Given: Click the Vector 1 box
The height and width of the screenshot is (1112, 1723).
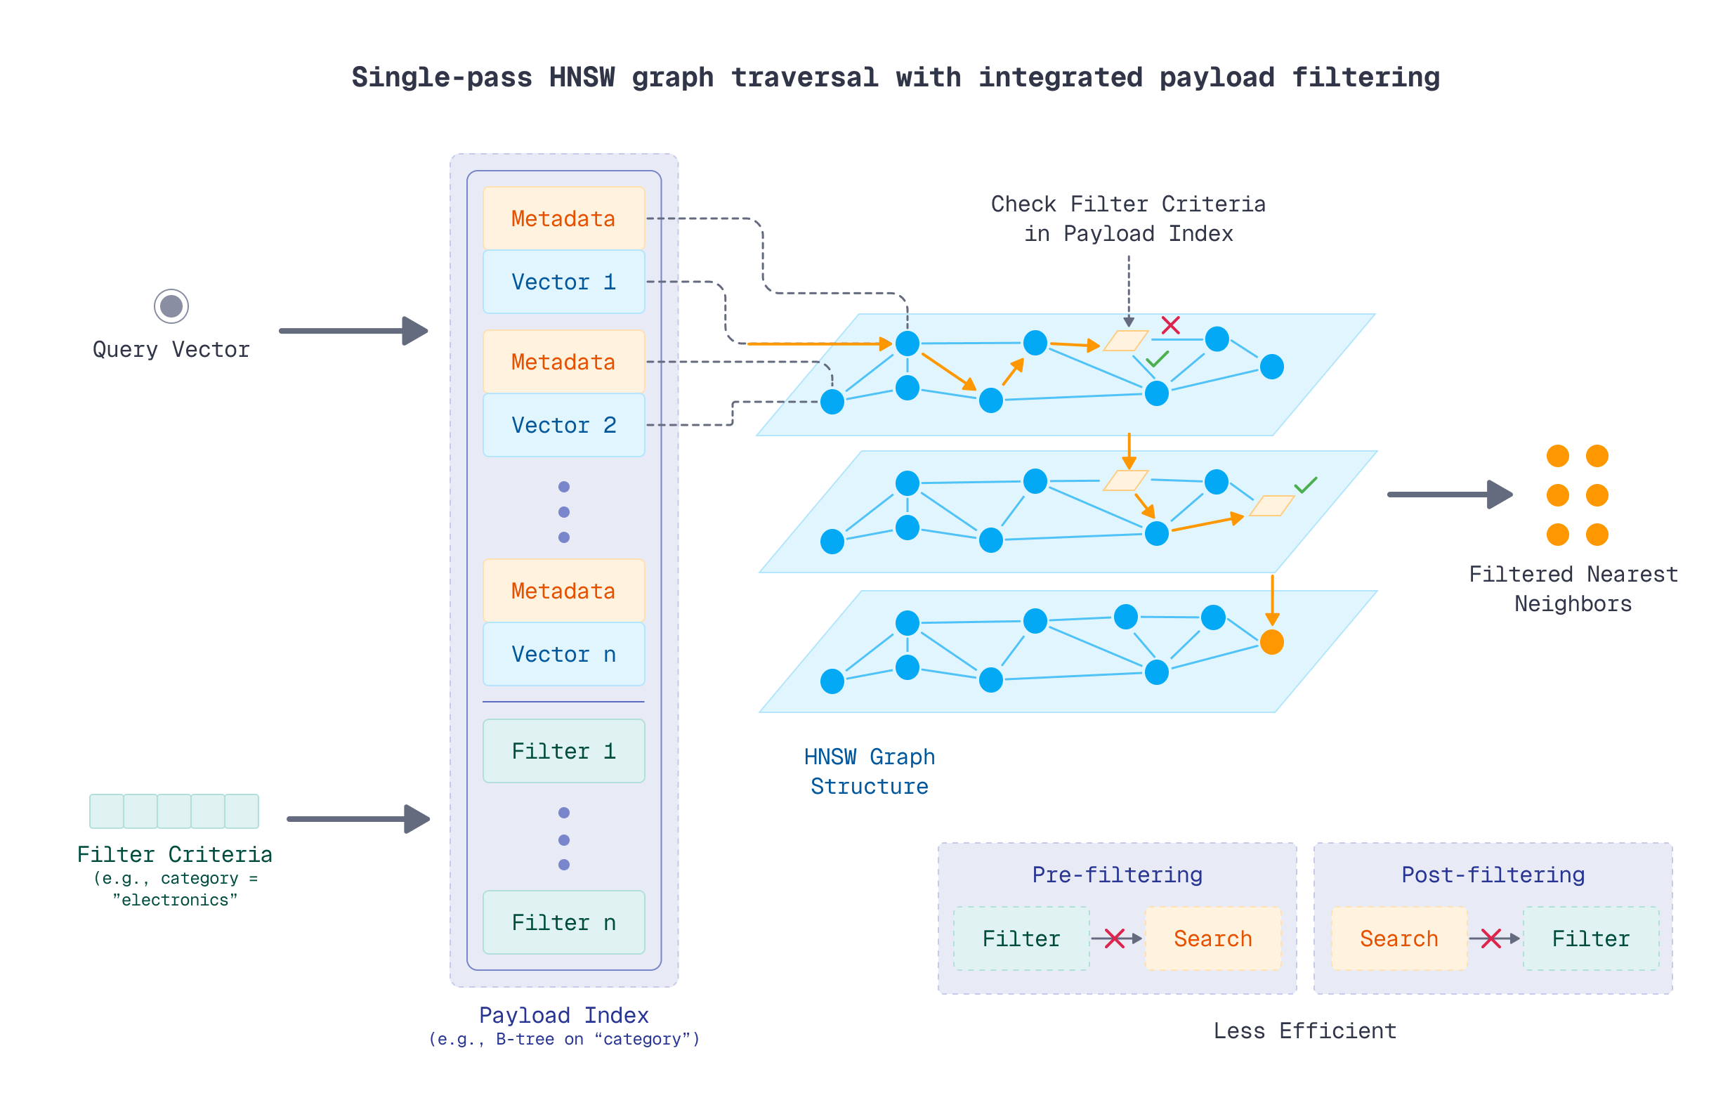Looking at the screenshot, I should (x=563, y=282).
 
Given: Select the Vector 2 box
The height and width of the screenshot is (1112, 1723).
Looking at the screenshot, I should (x=563, y=425).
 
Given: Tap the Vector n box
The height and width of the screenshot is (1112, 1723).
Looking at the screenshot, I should (x=563, y=654).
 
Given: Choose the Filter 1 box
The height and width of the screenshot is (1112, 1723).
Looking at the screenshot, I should (x=563, y=751).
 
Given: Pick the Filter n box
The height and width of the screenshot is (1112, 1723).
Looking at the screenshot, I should (x=563, y=922).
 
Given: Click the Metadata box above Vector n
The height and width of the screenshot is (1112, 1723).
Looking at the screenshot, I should (x=563, y=591).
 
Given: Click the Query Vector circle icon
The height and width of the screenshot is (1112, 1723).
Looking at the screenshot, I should (x=171, y=306).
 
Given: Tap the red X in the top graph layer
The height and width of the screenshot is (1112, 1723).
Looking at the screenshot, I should (x=1170, y=325).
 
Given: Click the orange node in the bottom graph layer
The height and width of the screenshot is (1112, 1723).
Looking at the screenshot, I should (x=1271, y=642).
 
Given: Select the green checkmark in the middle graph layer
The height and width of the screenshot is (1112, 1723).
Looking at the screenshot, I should (x=1305, y=485).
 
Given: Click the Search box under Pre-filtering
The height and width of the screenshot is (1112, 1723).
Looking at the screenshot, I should (x=1212, y=938).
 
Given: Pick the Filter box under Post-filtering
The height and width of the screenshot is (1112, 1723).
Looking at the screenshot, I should (x=1590, y=938).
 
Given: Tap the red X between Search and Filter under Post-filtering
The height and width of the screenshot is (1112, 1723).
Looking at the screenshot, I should (x=1490, y=938).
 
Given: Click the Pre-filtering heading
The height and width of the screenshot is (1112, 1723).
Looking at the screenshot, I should (x=1117, y=875).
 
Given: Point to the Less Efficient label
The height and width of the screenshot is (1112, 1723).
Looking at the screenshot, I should (x=1304, y=1031).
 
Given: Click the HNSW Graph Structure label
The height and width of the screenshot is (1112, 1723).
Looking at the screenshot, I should (x=869, y=771).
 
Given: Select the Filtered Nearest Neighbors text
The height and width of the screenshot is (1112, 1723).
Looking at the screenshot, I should (x=1572, y=589).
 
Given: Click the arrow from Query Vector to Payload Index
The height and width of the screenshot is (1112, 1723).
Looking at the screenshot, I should (x=353, y=331).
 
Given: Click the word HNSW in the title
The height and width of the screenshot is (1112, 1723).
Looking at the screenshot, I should (x=582, y=77).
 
